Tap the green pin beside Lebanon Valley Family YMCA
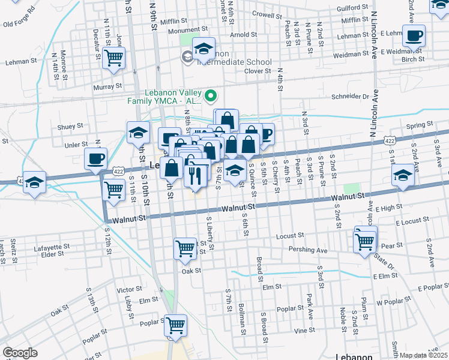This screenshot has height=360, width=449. (211, 95)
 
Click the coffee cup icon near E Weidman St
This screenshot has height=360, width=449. (414, 36)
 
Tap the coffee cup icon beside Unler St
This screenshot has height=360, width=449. (95, 159)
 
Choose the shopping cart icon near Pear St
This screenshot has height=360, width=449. (365, 242)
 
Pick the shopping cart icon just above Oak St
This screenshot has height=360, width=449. (185, 248)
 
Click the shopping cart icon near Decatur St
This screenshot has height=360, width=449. (113, 58)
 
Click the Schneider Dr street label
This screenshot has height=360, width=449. (348, 96)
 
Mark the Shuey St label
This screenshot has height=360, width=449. (70, 127)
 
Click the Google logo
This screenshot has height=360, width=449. (20, 353)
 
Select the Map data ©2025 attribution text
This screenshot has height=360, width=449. (424, 355)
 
